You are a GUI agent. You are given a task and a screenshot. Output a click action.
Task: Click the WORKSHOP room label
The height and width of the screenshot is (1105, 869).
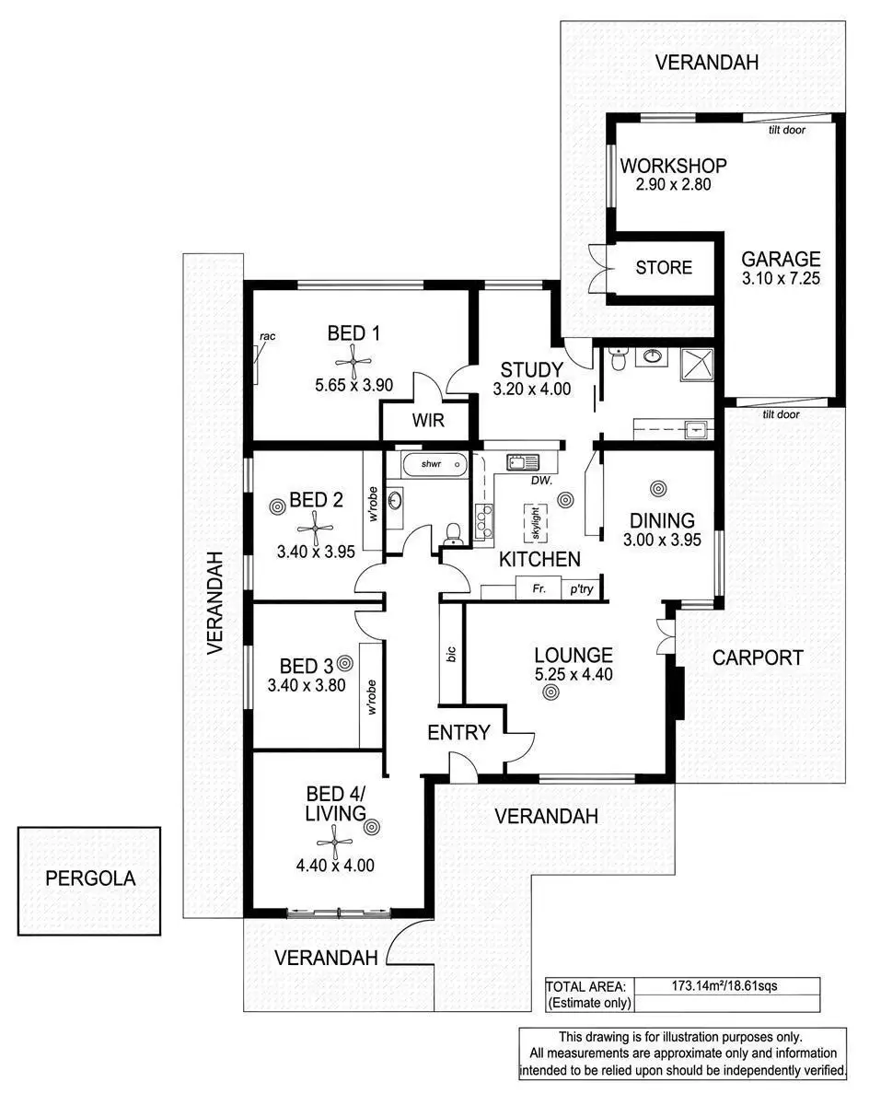673,166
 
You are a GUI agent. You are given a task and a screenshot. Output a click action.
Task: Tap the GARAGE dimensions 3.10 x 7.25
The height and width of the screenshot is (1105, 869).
782,277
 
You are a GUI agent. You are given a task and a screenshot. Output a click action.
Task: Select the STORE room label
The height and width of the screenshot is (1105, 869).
664,268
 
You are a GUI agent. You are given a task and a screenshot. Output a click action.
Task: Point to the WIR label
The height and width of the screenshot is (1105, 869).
427,422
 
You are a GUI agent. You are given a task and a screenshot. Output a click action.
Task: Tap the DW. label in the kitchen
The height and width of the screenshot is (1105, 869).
541,481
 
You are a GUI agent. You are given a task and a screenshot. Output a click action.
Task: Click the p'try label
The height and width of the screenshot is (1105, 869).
581,588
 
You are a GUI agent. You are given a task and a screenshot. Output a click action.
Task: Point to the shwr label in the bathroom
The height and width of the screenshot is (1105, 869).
433,465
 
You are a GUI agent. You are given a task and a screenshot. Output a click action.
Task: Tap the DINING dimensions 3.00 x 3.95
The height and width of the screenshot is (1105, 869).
658,540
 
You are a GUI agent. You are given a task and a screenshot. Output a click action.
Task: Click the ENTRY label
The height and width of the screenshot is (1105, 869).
458,733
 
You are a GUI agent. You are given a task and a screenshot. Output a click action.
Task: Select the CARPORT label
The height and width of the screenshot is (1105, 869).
757,657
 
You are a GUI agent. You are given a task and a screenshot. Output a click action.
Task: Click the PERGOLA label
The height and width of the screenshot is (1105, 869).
90,878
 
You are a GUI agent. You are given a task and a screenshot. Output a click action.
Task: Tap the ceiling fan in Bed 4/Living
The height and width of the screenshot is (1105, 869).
332,839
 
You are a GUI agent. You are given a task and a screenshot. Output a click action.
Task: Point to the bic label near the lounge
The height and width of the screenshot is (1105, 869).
451,654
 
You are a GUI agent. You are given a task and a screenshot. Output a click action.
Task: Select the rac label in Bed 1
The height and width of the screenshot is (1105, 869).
267,336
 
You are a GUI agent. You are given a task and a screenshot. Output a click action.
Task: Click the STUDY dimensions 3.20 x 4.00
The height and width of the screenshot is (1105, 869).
531,390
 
